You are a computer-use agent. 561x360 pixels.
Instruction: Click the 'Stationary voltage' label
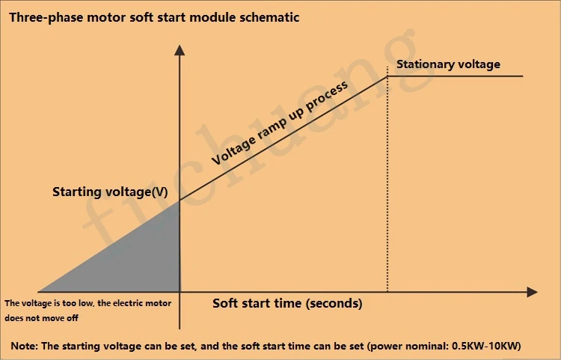coord(448,64)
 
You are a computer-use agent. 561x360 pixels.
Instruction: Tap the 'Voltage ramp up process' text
coord(280,123)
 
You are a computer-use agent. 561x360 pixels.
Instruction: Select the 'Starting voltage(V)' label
coord(110,192)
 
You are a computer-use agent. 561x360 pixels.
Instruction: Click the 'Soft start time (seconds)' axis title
coord(287,303)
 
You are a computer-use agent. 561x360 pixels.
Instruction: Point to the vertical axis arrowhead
coord(180,50)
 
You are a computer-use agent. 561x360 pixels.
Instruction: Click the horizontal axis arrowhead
coord(533,292)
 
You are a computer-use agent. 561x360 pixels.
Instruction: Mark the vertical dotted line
coord(387,179)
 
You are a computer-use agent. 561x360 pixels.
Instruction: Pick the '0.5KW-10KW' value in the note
coord(485,346)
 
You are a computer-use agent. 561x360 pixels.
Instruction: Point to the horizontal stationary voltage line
coord(455,76)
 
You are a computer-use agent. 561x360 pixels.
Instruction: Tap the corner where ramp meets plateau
coord(387,76)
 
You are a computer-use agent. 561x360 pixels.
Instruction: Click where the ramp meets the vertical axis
coord(180,201)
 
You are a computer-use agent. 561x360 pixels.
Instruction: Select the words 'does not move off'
coord(41,318)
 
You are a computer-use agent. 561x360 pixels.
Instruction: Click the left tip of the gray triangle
coord(39,292)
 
